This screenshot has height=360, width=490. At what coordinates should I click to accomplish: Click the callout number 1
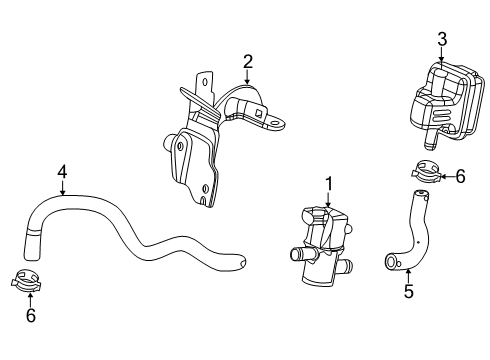click(326, 183)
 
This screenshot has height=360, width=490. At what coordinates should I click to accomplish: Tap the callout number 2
click(247, 62)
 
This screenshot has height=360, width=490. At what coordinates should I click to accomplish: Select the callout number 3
click(442, 39)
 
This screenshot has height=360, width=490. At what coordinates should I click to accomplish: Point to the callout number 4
click(62, 172)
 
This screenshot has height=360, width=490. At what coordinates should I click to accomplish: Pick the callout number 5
click(409, 293)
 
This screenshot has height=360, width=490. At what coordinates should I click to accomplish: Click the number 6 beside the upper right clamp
click(460, 176)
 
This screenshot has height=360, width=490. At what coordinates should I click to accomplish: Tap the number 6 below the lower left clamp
click(31, 315)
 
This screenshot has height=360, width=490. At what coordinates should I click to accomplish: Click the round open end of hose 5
click(388, 262)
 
